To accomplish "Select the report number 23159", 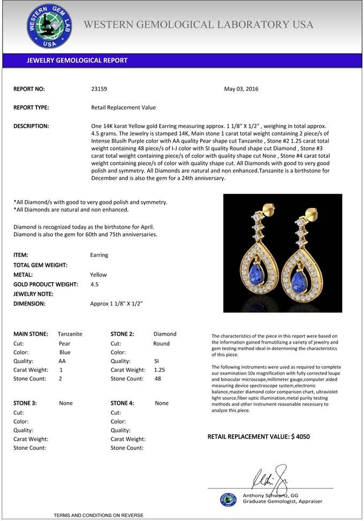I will coord(99,89).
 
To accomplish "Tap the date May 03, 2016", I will coord(241,89).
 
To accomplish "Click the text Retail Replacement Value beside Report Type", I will coord(123,107).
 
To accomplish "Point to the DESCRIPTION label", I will coord(31,126).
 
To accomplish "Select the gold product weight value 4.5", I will coord(95,284).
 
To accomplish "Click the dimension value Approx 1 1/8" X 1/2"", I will coord(116,304).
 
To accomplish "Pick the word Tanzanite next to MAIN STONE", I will coord(70,334).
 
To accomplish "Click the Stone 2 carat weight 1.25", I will coord(159,370).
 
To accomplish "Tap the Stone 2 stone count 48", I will coord(157,379).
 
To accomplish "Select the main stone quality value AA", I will coord(62,361).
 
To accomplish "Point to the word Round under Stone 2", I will coord(161,344).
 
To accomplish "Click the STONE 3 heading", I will coord(25,403).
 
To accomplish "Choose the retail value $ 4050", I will coord(300,437).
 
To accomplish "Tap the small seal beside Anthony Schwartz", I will coord(228,499).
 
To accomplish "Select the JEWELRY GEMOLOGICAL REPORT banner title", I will coord(77,60).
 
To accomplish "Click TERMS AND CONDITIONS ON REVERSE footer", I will coord(98,515).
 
